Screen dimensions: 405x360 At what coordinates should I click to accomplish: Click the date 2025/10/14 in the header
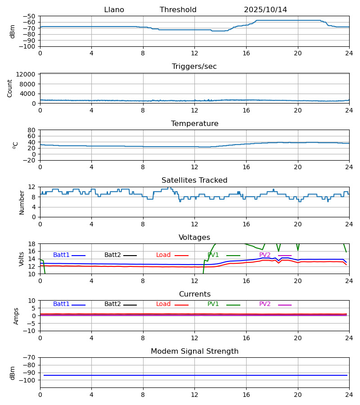point(265,10)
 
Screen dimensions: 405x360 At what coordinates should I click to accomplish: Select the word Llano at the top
point(114,10)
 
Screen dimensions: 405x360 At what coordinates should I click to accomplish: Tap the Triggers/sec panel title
point(194,67)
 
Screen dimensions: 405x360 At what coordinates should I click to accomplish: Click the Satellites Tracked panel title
point(194,180)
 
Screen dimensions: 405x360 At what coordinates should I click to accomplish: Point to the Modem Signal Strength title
point(194,351)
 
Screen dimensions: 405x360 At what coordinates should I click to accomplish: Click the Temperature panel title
point(194,124)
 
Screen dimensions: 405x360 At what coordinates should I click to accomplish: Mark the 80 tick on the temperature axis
point(32,130)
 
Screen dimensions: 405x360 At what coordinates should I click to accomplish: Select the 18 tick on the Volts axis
point(32,244)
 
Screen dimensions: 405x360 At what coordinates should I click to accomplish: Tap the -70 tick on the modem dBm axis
point(30,358)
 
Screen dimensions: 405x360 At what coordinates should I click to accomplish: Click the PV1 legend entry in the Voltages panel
point(213,255)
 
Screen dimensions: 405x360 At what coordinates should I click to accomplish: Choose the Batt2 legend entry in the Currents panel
point(112,304)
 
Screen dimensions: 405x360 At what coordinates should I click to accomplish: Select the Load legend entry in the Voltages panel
point(163,255)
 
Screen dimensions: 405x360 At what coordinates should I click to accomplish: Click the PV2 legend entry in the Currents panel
point(265,304)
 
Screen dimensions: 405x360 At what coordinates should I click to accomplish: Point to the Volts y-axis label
point(22,259)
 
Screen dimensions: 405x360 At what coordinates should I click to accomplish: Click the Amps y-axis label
point(17,316)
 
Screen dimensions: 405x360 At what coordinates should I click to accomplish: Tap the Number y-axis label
point(22,202)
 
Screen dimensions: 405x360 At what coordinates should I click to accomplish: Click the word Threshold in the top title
point(178,10)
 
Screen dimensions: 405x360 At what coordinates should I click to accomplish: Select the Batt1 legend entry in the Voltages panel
point(61,255)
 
